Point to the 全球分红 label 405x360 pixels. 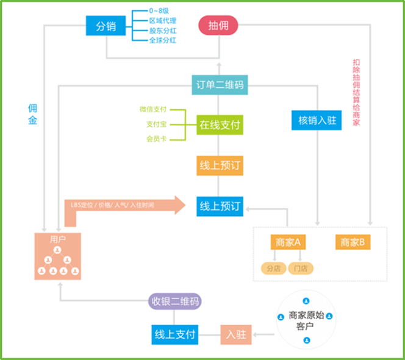(162, 40)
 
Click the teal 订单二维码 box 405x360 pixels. (220, 85)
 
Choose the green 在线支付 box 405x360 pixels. (220, 125)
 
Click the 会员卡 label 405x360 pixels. (157, 139)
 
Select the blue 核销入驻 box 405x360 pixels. (314, 120)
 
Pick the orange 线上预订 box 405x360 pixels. (220, 165)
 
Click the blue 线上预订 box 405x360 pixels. (220, 206)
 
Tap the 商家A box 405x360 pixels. (288, 243)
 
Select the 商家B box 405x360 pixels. (353, 243)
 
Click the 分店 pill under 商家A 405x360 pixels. (273, 268)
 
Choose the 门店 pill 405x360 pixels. (300, 268)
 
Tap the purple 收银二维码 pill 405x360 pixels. (174, 301)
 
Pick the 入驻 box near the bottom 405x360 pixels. (235, 334)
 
